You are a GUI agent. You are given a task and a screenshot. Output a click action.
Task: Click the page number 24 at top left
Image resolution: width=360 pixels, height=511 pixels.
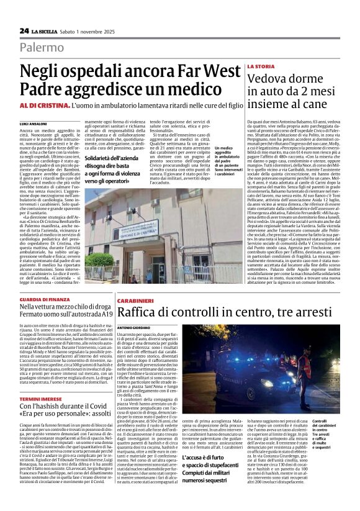coord(24,30)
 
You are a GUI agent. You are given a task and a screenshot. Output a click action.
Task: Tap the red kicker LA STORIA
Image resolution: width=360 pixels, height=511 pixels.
coord(261,66)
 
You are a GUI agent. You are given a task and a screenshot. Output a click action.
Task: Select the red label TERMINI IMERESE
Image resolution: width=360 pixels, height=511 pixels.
coord(40,399)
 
